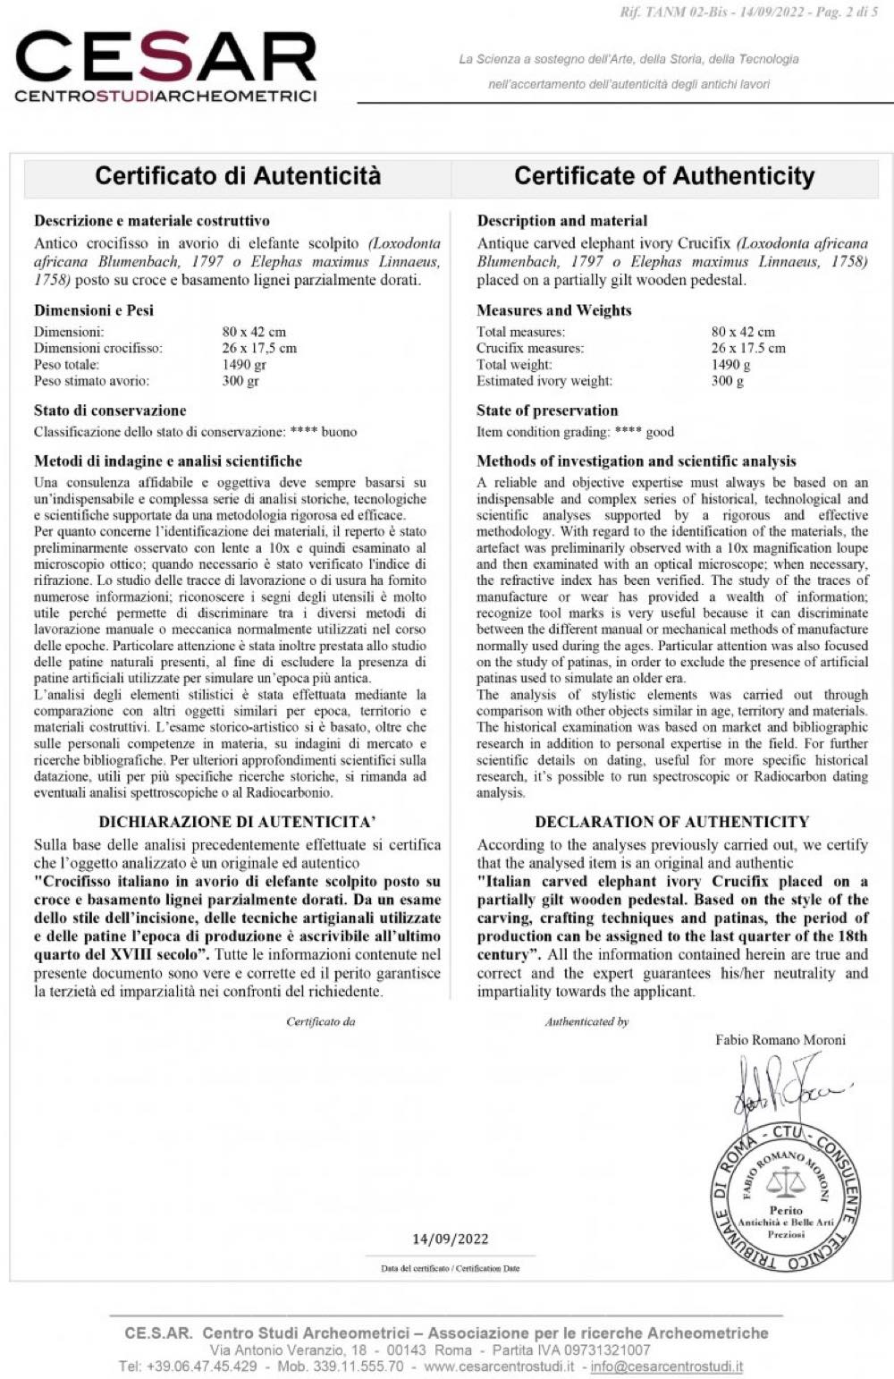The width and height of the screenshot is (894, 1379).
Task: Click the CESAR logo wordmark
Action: click(x=166, y=58)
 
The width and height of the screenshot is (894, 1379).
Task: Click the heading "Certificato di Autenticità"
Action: click(x=238, y=175)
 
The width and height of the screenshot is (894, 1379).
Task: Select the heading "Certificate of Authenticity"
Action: click(x=664, y=175)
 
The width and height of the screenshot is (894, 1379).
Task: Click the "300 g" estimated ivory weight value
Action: click(x=728, y=380)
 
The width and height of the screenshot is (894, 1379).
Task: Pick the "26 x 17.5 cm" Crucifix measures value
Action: click(x=748, y=348)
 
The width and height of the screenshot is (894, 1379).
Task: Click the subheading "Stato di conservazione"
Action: click(x=110, y=410)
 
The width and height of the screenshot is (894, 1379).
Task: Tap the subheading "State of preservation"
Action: click(x=547, y=410)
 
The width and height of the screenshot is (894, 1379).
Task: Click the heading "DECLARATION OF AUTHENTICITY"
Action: click(x=671, y=821)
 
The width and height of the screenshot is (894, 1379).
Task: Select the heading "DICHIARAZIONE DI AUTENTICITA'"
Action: click(x=237, y=821)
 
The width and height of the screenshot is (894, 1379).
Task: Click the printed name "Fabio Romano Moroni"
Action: click(x=780, y=1039)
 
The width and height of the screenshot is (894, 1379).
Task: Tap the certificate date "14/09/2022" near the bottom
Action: click(x=451, y=1239)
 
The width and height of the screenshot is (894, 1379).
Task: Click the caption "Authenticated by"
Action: click(x=586, y=1021)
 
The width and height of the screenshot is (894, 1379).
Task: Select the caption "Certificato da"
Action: click(x=320, y=1021)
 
